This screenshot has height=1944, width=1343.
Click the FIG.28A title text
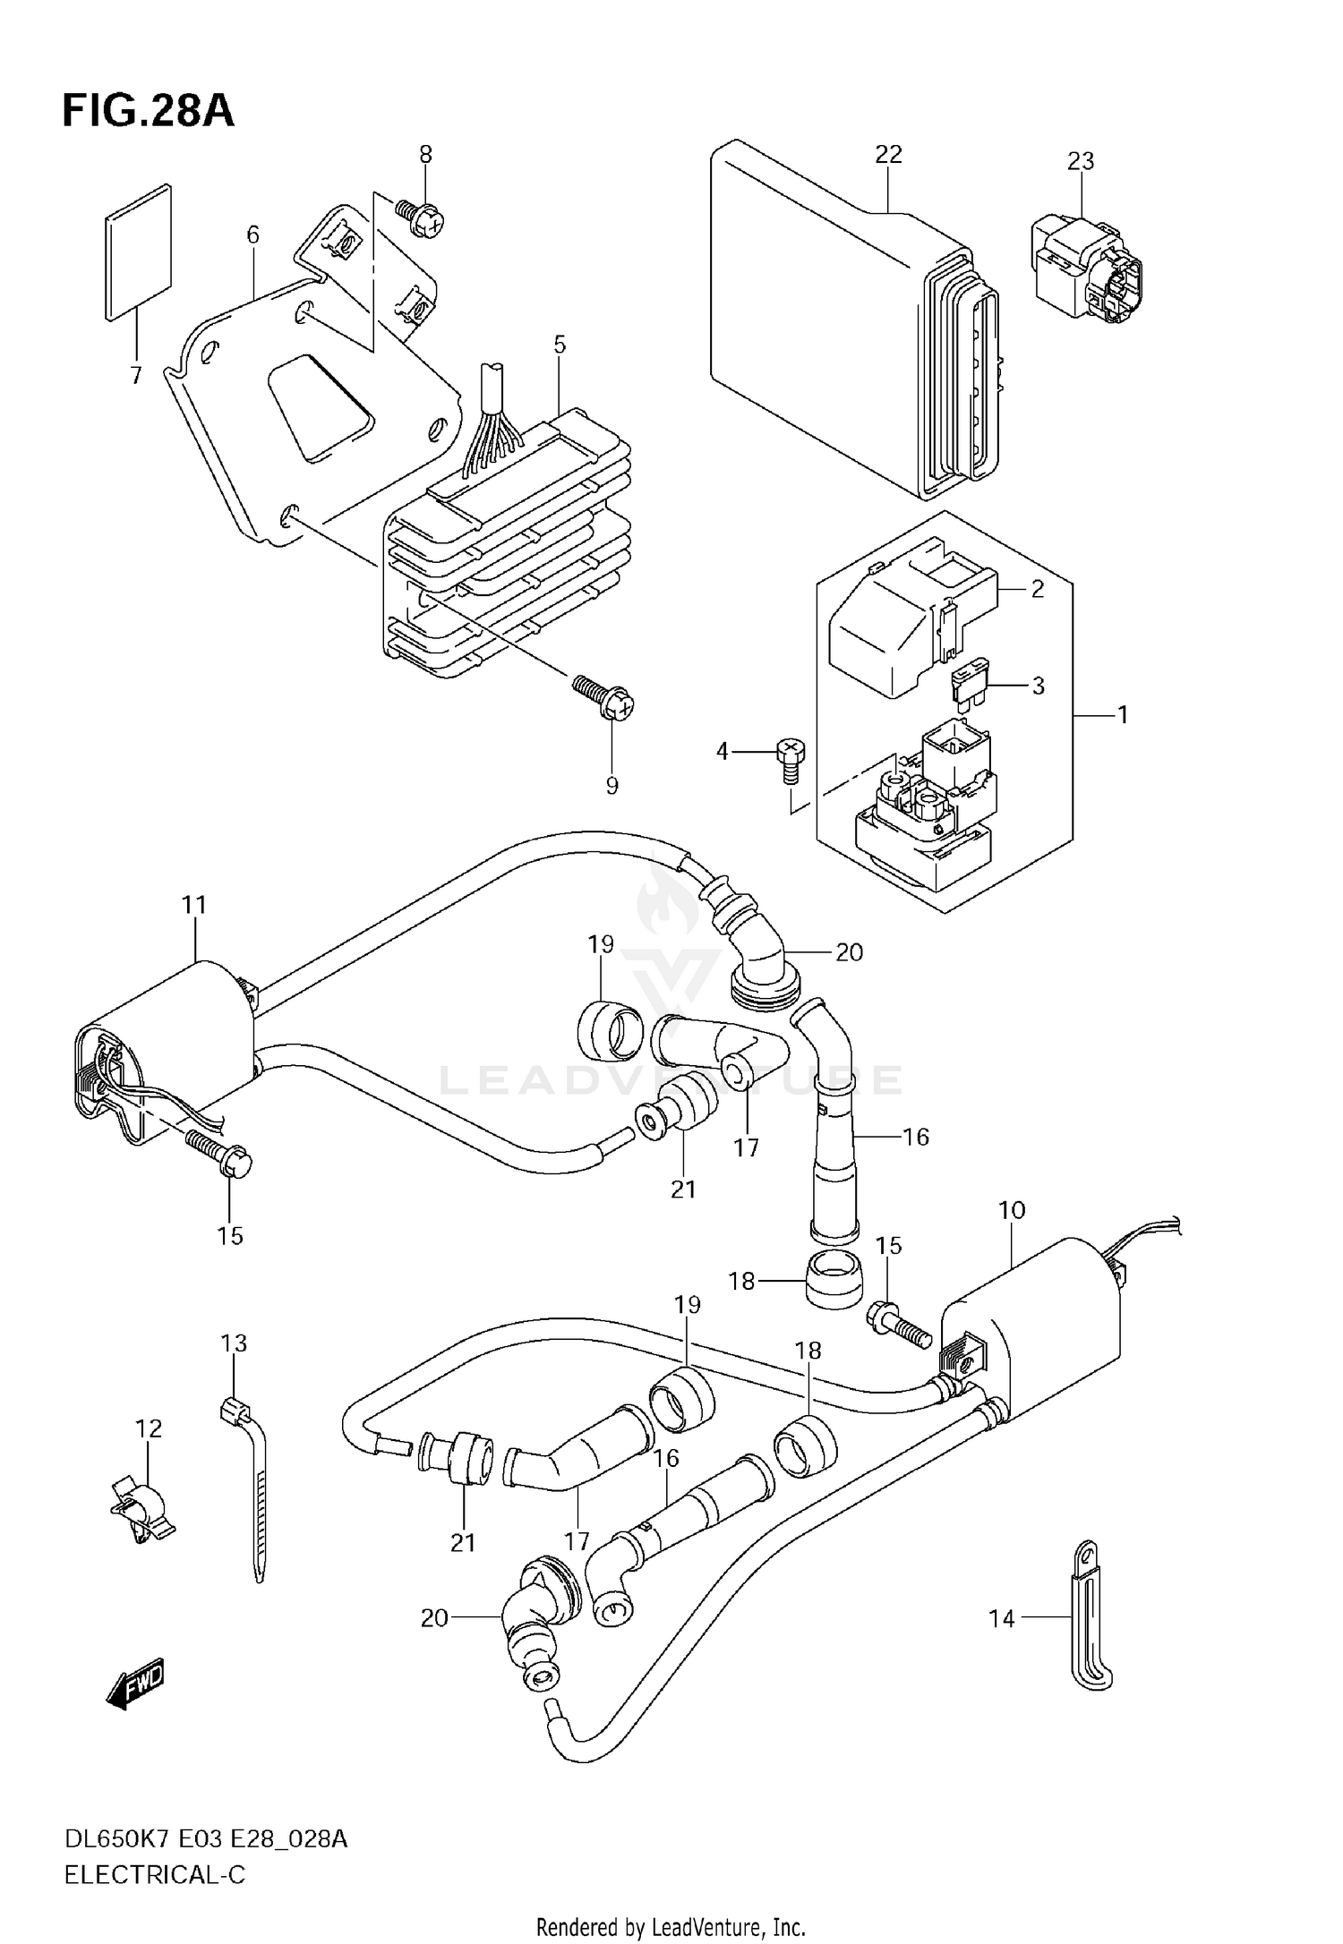(148, 113)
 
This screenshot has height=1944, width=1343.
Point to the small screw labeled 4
(791, 757)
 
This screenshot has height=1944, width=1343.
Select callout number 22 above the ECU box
(888, 154)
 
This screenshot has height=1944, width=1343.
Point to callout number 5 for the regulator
(560, 345)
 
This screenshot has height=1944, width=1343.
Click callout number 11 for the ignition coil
(194, 905)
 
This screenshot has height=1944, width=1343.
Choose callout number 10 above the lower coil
(1012, 1211)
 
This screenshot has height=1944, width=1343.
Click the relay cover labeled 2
(904, 618)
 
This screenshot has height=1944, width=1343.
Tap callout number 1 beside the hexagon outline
(1122, 715)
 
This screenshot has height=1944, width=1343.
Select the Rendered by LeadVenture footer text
(671, 1926)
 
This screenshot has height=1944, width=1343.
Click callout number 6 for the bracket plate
(253, 234)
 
